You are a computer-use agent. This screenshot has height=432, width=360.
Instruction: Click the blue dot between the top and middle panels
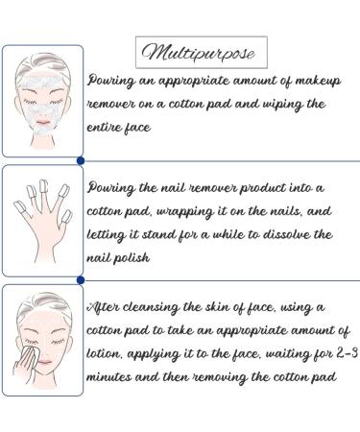80,160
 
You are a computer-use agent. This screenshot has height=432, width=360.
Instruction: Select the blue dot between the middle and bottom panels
80,279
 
